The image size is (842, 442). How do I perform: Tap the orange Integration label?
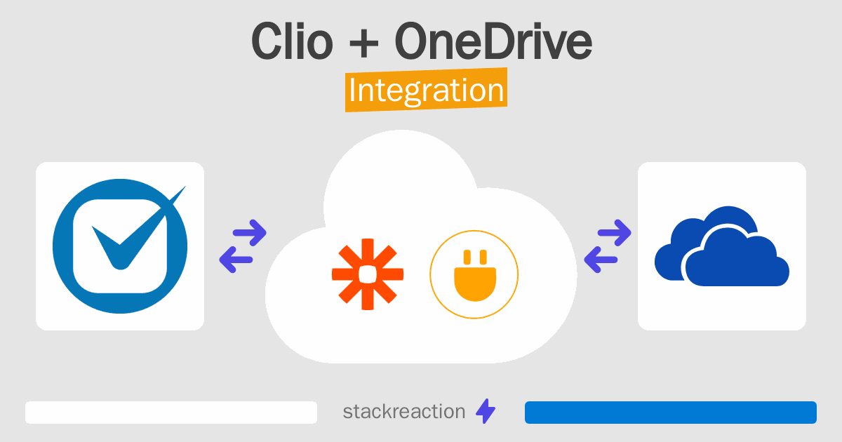point(426,91)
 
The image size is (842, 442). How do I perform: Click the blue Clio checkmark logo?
point(120,246)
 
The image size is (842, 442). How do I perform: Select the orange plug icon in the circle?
point(474,274)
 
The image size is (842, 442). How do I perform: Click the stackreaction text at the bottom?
point(403,412)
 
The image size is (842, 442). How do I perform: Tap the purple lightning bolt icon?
point(486,412)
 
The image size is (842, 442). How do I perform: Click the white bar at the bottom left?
point(171,413)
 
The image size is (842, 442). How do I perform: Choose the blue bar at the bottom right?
point(670,413)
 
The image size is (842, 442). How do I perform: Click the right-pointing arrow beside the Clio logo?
point(249,232)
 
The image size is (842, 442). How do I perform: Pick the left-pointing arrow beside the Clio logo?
point(236,260)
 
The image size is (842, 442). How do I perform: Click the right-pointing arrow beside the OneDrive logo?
point(614,232)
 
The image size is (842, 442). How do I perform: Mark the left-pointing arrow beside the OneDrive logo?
point(601,260)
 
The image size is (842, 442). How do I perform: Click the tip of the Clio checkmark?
point(183,189)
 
